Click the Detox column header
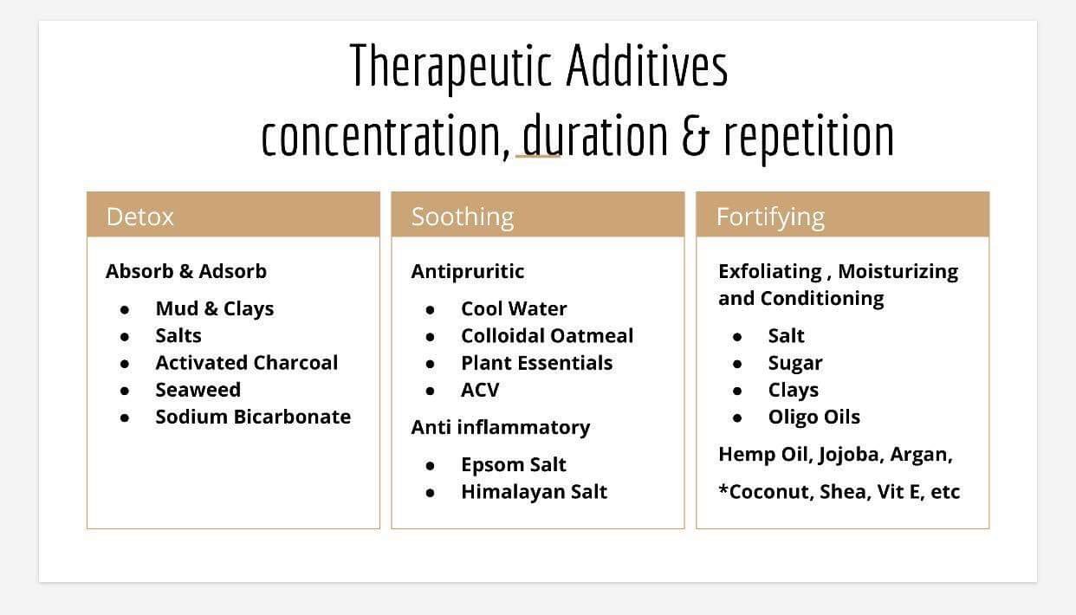point(139,217)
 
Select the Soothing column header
point(463,217)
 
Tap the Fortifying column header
point(770,217)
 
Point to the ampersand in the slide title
point(695,136)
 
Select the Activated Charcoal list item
point(247,363)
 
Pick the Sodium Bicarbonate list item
point(253,417)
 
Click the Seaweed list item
point(198,390)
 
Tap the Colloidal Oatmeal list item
point(548,336)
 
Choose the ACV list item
point(480,390)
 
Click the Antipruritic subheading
point(467,272)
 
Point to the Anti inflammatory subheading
point(501,427)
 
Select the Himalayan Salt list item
point(535,492)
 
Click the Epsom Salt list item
point(514,465)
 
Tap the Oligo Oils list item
point(814,417)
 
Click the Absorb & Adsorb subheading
point(186,272)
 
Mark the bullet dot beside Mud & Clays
point(125,310)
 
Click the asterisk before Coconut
point(723,489)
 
